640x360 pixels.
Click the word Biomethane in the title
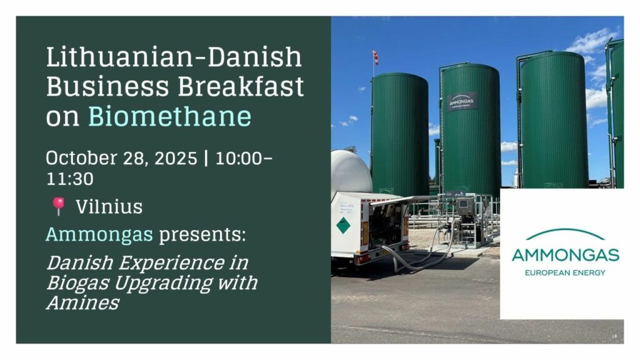(x=169, y=116)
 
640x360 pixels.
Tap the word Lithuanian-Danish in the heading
(x=174, y=57)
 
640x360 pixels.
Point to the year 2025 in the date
(x=175, y=158)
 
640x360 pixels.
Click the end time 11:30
(x=70, y=179)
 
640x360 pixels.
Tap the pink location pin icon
(x=58, y=206)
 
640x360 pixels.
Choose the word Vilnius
(x=109, y=207)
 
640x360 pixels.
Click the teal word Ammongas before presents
(x=99, y=234)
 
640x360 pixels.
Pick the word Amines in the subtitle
(x=82, y=302)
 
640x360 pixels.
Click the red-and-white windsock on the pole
(x=375, y=57)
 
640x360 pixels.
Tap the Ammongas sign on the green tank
(x=462, y=102)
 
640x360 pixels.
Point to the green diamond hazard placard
(x=343, y=225)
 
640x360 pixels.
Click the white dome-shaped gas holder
(x=351, y=171)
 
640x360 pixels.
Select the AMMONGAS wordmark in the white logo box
(x=565, y=255)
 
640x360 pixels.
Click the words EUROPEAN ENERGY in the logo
(x=565, y=272)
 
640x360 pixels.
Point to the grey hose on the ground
(x=421, y=253)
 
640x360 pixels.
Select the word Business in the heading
(x=107, y=86)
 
